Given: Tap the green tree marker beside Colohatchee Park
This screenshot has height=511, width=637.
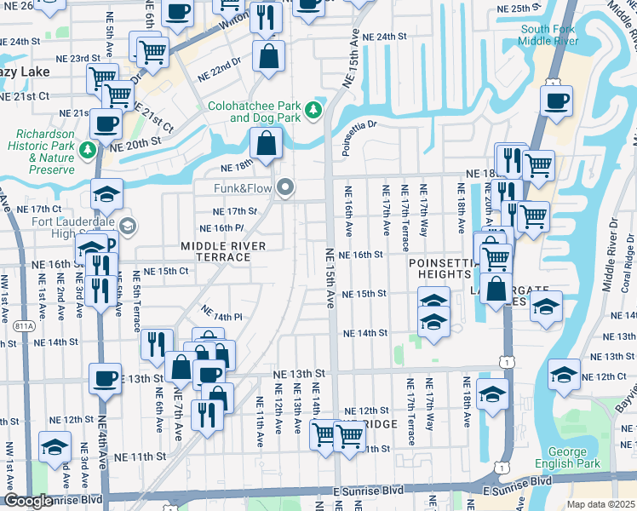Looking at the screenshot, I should click(314, 109).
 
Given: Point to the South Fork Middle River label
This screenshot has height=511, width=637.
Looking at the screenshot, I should click(549, 35).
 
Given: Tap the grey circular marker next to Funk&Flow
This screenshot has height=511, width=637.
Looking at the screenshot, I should click(286, 187).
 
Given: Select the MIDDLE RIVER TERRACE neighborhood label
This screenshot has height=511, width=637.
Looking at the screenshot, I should click(223, 251).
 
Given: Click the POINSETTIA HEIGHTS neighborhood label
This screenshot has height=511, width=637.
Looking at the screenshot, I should click(440, 269).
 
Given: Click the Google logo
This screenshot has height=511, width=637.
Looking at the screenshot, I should click(27, 502).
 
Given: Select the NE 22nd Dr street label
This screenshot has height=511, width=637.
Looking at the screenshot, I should click(220, 77).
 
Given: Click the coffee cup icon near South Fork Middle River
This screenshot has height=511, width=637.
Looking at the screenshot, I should click(556, 101).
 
